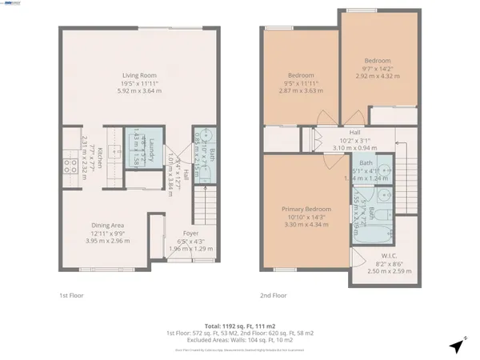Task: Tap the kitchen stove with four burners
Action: point(66,166)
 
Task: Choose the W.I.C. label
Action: point(389,256)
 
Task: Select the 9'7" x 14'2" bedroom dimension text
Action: point(378,70)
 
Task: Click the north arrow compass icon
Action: point(456,346)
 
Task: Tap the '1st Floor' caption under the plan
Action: point(73,294)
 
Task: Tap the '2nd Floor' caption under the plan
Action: point(273,294)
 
